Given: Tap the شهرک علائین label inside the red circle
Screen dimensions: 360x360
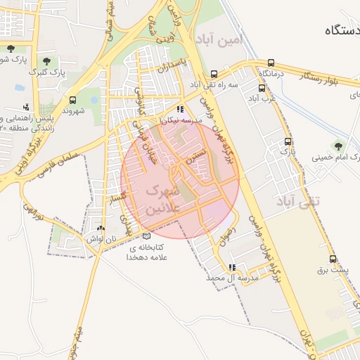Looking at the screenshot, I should pos(163,200).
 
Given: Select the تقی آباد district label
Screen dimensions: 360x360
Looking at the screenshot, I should pos(300,201).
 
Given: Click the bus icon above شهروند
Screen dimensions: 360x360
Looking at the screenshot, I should pos(73,100).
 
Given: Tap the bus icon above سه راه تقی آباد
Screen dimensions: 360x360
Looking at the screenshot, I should pos(214,74).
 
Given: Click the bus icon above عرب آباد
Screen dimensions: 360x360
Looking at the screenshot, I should pos(262,89).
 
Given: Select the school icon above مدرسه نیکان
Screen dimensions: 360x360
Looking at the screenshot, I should pos(181,109).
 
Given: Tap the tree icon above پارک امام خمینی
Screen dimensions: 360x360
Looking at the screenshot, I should pos(339,146).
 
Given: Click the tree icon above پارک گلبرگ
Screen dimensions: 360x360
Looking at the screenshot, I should pos(46,61).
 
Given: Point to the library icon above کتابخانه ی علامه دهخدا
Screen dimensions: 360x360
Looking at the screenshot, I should pos(146,236).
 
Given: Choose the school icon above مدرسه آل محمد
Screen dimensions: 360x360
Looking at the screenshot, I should pos(232,267).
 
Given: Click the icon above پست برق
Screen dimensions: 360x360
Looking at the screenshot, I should pos(322,259).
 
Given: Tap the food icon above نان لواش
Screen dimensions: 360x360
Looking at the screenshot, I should pos(101,229).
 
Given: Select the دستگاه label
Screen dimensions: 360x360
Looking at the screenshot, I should pos(342,30).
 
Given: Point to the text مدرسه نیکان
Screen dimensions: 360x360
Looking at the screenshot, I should pos(181,120).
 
